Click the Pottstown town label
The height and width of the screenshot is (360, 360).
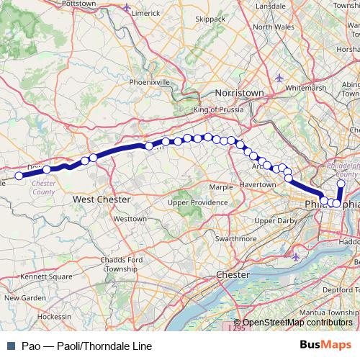coord(79,4)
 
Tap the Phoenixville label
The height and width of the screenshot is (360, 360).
coord(150,82)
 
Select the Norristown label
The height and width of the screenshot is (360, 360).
coord(240,94)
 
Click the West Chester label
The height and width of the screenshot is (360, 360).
coord(102,199)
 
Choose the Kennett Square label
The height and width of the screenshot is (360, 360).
coord(47,276)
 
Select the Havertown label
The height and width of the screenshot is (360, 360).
coord(257,184)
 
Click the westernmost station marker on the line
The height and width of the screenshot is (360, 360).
coord(19,175)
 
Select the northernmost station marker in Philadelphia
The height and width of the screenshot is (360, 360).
coord(341,184)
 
